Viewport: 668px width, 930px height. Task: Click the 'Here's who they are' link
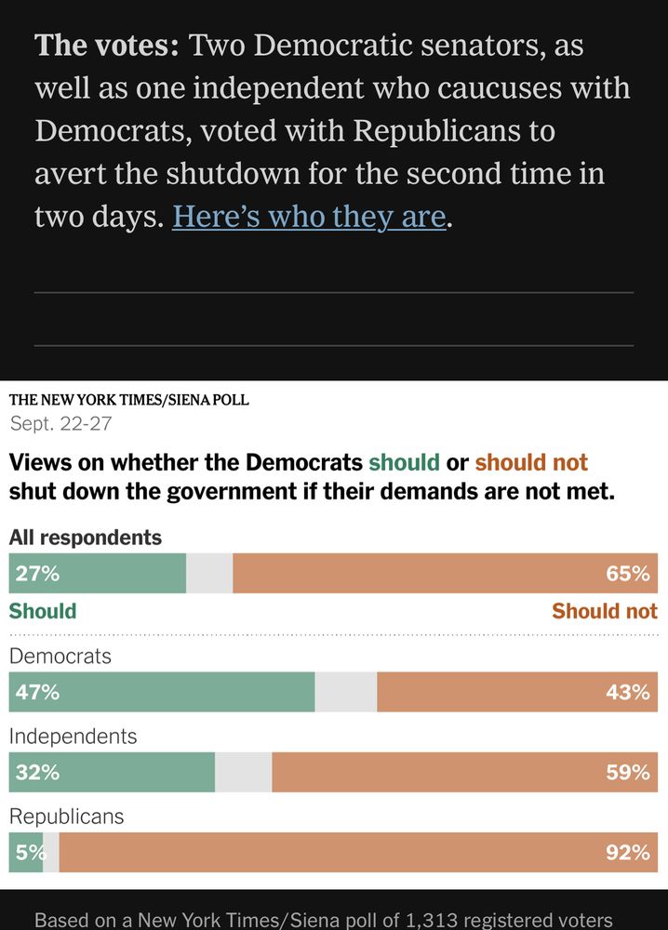(x=309, y=216)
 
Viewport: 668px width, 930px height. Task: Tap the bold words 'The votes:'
(x=106, y=46)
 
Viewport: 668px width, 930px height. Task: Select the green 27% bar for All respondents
(x=98, y=574)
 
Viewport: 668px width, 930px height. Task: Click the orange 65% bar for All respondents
(x=445, y=574)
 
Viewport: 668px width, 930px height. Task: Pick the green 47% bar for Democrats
(x=162, y=692)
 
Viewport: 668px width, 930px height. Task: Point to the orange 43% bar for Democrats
(x=516, y=692)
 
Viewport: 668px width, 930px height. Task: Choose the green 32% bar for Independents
(x=112, y=772)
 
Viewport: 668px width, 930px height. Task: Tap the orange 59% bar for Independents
(x=464, y=772)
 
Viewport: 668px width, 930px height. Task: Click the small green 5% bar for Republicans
(x=25, y=852)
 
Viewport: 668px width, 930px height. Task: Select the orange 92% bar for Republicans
(x=358, y=852)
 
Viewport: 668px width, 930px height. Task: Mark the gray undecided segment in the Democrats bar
(x=346, y=692)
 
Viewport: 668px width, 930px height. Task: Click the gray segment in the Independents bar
(x=244, y=772)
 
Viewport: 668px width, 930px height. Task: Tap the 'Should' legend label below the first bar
(x=43, y=611)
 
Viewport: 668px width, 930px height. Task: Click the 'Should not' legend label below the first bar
(x=604, y=611)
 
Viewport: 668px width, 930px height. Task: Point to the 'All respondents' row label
(x=86, y=538)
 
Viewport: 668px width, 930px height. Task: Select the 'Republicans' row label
(x=66, y=817)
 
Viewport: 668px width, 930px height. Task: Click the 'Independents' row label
(x=73, y=737)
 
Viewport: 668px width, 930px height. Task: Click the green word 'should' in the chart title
(x=404, y=462)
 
